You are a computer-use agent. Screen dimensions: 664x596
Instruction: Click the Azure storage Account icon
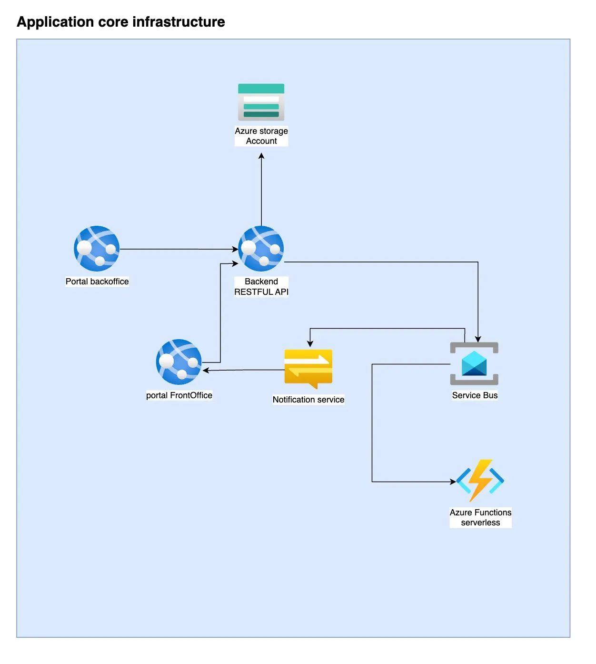point(261,102)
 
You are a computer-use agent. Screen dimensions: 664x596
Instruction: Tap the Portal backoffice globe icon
point(97,249)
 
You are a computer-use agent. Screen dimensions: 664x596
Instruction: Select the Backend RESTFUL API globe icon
point(261,249)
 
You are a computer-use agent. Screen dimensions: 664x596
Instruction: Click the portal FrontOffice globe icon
point(179,362)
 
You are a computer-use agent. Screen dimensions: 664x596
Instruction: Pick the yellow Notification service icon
point(308,368)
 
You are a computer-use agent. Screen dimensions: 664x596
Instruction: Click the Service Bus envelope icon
point(474,363)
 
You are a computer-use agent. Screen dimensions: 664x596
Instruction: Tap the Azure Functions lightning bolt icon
point(480,480)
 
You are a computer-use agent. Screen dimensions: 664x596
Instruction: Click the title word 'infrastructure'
point(179,22)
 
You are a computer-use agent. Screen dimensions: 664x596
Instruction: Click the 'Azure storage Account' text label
point(261,136)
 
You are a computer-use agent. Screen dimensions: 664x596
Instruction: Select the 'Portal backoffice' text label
point(97,282)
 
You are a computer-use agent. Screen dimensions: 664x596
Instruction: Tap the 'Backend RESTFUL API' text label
point(261,287)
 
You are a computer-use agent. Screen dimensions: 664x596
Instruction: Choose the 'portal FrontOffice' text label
point(179,395)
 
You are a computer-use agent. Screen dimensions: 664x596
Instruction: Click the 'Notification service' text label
point(308,400)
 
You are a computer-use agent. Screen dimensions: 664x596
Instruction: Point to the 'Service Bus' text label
point(475,395)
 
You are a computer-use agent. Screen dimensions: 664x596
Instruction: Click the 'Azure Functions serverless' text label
point(480,517)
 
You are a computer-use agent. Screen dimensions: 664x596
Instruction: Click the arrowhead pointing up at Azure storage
point(261,156)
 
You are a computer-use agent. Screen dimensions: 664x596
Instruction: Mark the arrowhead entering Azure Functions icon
point(453,482)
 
